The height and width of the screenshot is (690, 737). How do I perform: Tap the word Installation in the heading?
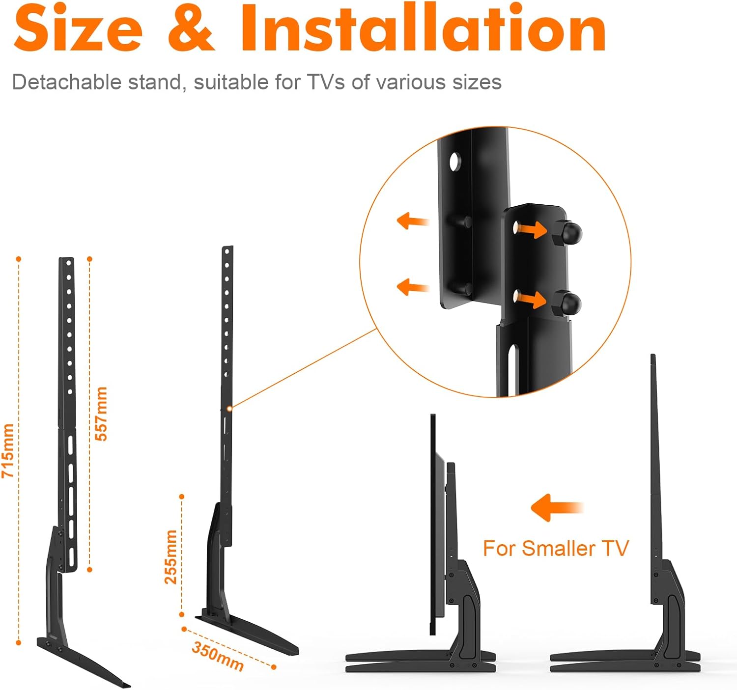[x=423, y=28]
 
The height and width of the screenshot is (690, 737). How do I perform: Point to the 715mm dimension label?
[x=8, y=450]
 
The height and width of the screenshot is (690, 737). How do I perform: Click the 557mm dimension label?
[x=101, y=414]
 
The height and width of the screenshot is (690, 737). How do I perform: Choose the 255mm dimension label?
[x=170, y=556]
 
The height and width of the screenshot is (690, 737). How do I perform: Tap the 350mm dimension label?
[x=218, y=656]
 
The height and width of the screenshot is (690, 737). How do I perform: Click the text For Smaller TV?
[x=555, y=549]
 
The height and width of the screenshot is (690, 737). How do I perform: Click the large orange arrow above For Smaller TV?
[x=556, y=507]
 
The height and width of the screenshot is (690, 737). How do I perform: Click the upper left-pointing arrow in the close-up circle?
[x=412, y=221]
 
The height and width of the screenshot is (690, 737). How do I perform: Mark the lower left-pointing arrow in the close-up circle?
[x=412, y=287]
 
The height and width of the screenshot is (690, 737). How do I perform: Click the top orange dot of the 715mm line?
[x=19, y=259]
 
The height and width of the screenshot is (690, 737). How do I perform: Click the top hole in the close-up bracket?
[x=455, y=161]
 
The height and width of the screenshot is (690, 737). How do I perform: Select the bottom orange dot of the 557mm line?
[x=89, y=570]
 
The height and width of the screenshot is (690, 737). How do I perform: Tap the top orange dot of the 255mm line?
[x=182, y=497]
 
